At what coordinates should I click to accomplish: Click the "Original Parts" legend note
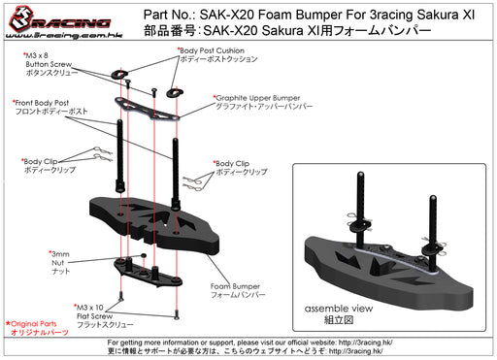coord(35,327)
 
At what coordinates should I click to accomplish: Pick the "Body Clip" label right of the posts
coord(240,167)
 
